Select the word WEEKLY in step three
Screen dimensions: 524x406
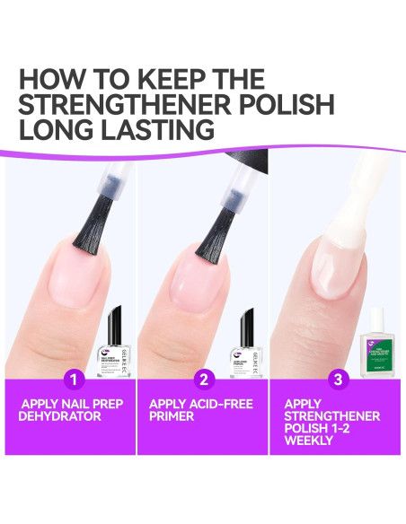[x=310, y=441]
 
